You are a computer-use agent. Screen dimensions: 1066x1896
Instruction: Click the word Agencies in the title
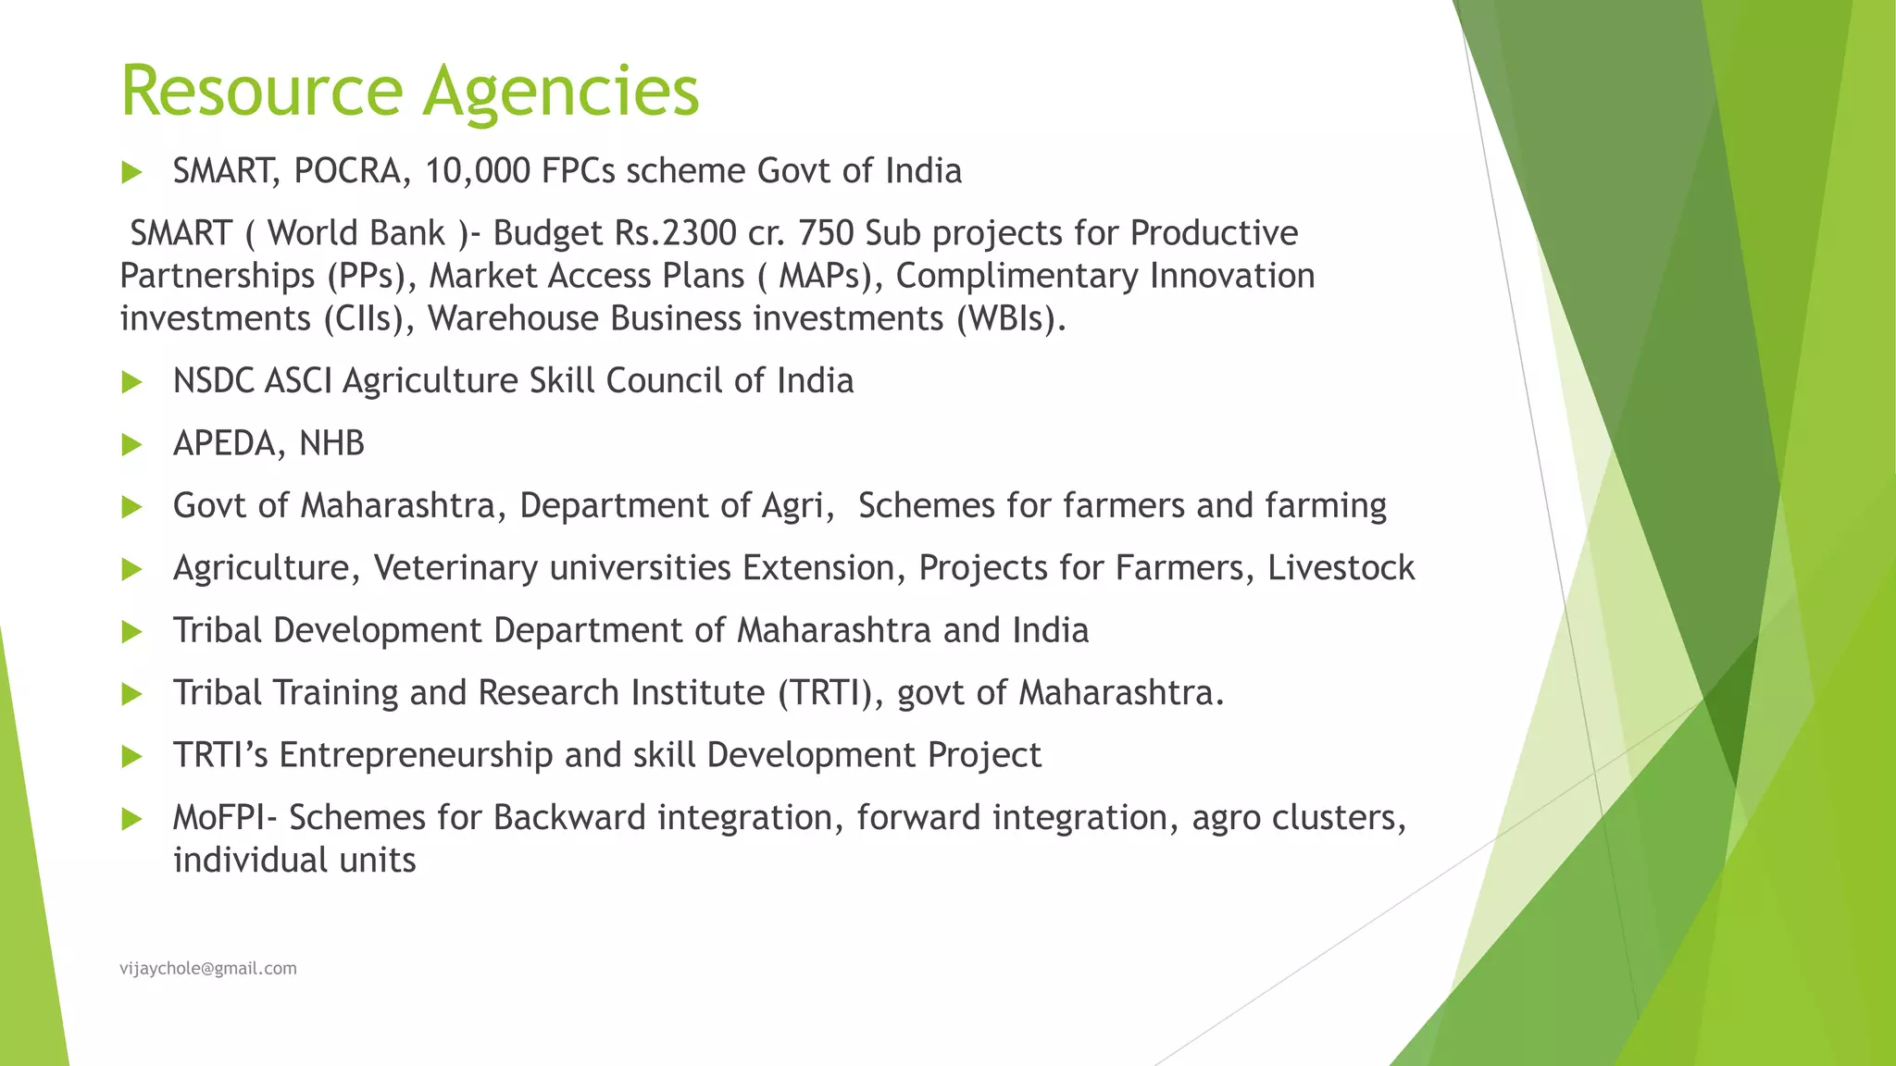[x=561, y=93]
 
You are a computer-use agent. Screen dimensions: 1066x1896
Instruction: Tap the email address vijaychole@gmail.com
[x=208, y=968]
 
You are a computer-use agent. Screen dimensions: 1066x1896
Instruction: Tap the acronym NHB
[x=332, y=444]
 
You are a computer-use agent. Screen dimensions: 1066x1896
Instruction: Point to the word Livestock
[x=1341, y=568]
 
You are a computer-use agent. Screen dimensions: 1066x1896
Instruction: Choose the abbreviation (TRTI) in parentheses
[x=831, y=693]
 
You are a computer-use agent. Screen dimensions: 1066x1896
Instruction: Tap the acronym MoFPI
[x=224, y=818]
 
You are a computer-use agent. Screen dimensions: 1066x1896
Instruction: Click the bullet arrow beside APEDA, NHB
[x=131, y=445]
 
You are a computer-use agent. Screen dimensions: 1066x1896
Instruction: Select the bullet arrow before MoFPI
[x=131, y=819]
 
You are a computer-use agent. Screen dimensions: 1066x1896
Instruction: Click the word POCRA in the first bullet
[x=346, y=171]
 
